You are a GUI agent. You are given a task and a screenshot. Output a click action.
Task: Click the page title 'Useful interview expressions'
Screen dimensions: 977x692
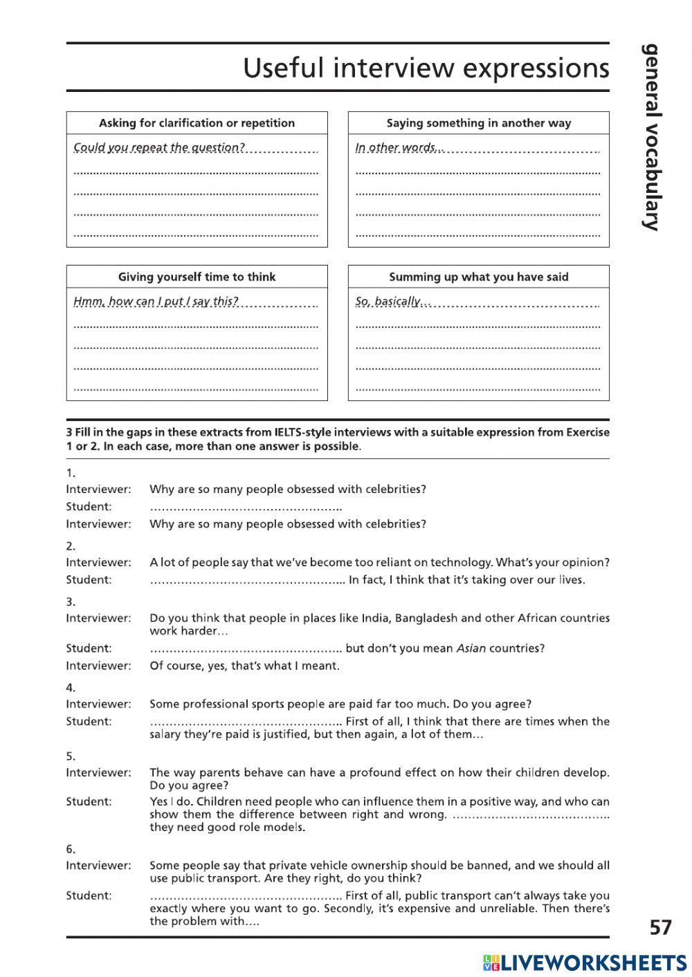pos(426,68)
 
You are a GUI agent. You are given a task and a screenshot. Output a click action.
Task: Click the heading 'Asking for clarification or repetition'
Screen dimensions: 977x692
pos(197,123)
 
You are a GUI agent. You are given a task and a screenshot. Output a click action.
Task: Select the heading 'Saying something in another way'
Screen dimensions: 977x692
pos(478,123)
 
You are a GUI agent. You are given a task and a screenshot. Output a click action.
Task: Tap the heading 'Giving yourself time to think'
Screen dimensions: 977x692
pos(197,277)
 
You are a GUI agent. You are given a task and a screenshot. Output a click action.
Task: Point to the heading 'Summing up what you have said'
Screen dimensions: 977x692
pos(478,277)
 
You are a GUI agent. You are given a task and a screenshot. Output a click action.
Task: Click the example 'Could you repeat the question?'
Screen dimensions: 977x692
pos(159,147)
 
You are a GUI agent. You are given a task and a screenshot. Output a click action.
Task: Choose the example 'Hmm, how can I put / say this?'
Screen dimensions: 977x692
pos(156,301)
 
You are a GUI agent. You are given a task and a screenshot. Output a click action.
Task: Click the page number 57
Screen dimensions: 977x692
pos(661,927)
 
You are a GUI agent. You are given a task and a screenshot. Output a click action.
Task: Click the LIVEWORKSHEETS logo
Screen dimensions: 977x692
pos(585,962)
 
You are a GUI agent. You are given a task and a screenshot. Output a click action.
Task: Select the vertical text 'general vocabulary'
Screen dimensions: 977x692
pos(651,137)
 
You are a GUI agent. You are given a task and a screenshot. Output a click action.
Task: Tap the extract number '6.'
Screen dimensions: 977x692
pos(71,849)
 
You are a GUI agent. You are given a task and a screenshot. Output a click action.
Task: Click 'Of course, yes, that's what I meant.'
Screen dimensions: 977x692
pos(244,666)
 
